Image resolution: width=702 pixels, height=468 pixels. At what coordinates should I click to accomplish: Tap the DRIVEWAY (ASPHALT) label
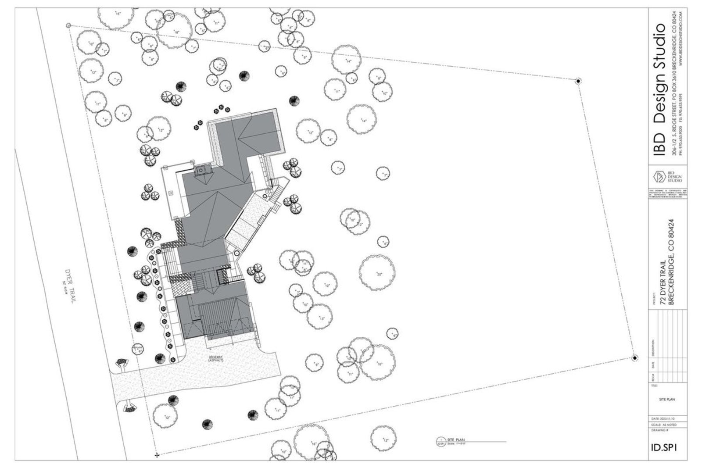[x=216, y=358]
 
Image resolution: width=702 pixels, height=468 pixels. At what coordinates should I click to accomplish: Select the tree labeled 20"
[x=377, y=273]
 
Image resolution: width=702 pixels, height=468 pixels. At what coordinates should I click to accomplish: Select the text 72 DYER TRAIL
[x=663, y=281]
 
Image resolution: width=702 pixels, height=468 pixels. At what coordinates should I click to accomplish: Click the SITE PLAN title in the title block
[x=667, y=400]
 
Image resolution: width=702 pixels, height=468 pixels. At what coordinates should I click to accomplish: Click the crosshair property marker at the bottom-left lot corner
[x=157, y=455]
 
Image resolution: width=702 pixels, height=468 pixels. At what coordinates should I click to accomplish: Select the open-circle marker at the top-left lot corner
[x=68, y=26]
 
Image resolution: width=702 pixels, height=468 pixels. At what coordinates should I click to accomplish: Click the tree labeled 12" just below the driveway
[x=166, y=417]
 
